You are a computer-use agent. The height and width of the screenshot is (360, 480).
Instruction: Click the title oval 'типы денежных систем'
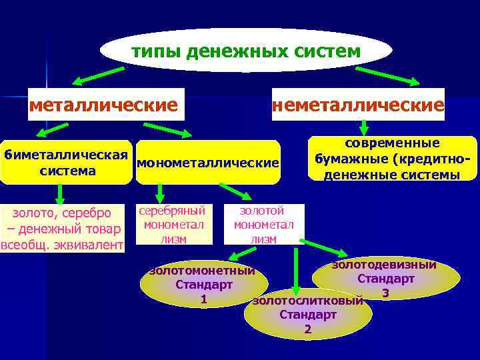246,50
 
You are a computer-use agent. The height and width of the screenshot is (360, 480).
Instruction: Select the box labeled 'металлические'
105,105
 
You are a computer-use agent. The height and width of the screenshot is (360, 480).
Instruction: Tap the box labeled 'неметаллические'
358,105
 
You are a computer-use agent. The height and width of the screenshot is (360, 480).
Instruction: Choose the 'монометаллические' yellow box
207,163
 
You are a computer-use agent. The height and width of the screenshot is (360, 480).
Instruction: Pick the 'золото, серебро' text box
63,229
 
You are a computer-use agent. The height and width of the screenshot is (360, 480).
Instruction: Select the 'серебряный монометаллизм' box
174,223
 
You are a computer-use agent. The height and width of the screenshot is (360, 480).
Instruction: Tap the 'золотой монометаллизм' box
263,223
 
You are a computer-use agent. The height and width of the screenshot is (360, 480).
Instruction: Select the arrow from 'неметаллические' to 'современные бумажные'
364,127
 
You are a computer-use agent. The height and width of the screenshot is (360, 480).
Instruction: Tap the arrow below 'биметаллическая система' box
60,193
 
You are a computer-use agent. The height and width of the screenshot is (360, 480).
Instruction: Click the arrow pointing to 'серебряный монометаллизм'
160,193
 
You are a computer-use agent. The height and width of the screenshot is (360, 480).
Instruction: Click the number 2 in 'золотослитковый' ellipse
307,329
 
